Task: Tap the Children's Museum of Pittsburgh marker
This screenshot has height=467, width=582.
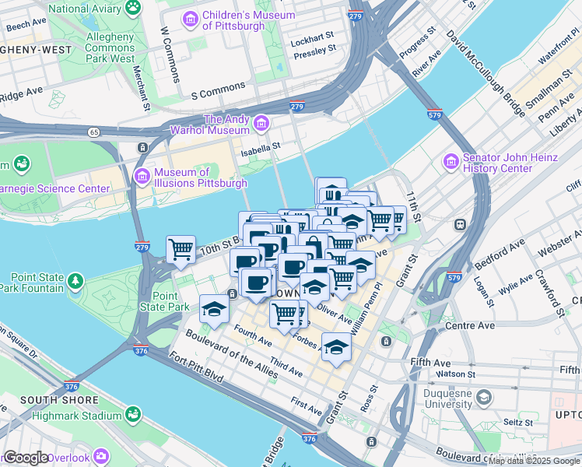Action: point(190,17)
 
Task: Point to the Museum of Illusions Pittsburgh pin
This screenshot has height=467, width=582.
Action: point(142,177)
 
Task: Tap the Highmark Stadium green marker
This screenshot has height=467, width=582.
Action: point(133,413)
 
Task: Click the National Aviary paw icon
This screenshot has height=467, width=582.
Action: point(135,8)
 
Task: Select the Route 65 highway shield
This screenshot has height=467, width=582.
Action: point(93,132)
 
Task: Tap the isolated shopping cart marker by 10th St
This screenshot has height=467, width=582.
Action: point(181,250)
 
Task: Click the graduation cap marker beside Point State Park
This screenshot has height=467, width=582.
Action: point(214,308)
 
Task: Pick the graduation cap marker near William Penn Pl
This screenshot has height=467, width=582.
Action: point(336,347)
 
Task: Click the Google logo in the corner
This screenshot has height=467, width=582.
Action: point(27,458)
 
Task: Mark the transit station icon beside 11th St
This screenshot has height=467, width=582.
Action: point(460,224)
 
